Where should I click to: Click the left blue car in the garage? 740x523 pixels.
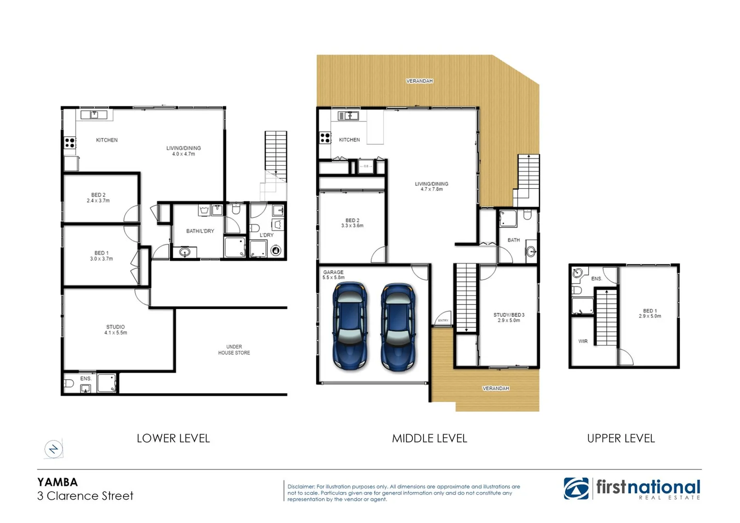350,326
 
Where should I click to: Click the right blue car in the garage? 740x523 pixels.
398,327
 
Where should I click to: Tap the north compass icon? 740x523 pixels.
53,449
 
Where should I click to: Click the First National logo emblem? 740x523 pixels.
576,488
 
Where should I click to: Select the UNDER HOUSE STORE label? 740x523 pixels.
234,350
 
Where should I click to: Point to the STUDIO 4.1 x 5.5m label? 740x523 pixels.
115,330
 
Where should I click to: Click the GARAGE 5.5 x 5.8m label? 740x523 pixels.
333,275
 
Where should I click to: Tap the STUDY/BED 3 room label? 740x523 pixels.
509,317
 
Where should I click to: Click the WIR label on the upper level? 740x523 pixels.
583,341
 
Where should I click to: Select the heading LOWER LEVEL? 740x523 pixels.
173,438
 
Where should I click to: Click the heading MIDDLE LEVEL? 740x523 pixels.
429,438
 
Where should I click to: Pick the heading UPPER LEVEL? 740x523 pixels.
621,438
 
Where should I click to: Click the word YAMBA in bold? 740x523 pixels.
57,482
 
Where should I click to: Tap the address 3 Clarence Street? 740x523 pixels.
85,496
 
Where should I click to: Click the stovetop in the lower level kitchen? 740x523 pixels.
70,143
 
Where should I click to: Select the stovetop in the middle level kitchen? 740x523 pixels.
325,138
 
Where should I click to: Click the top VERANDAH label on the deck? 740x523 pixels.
419,81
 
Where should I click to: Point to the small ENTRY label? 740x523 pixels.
443,321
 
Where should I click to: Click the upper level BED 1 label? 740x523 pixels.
650,313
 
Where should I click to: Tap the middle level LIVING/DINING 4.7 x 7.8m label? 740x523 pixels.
431,186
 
